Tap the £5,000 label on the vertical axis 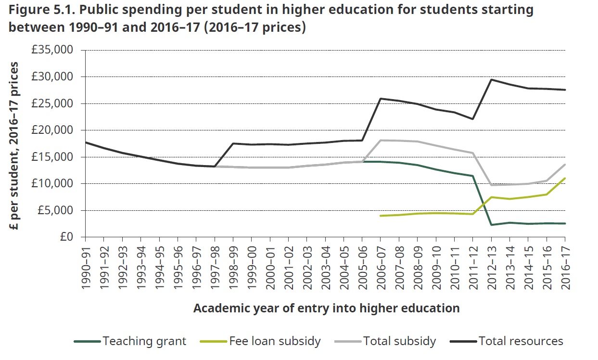tap(56, 210)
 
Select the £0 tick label tap(67, 237)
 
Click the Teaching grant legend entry tap(144, 341)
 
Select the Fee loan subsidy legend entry tap(275, 341)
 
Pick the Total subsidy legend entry tap(399, 341)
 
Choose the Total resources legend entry tap(521, 341)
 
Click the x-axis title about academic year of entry tap(326, 308)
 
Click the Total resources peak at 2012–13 tap(491, 80)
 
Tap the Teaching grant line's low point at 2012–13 tap(491, 225)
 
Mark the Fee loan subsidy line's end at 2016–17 tap(565, 178)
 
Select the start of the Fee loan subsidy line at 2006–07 tap(381, 216)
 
